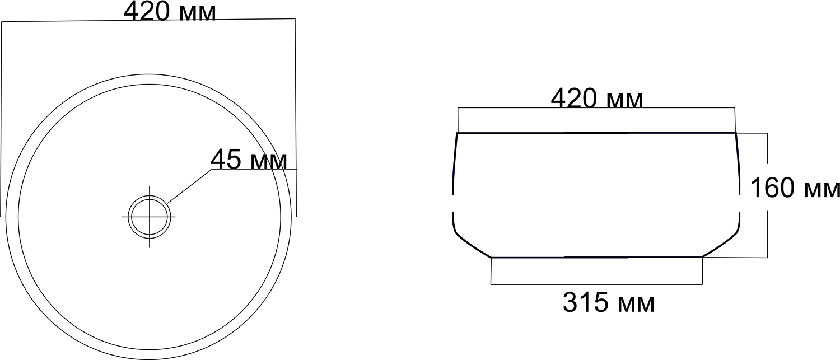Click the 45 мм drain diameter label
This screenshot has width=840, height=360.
pyautogui.click(x=249, y=160)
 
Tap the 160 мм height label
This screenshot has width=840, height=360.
pyautogui.click(x=795, y=188)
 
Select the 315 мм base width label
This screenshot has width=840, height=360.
pyautogui.click(x=609, y=302)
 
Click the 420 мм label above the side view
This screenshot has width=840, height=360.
pyautogui.click(x=597, y=99)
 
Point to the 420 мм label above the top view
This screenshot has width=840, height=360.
pyautogui.click(x=170, y=11)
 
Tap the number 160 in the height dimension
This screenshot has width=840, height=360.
pyautogui.click(x=772, y=188)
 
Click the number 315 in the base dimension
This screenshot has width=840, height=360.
pyautogui.click(x=585, y=302)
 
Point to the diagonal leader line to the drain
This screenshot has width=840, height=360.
pyautogui.click(x=190, y=186)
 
